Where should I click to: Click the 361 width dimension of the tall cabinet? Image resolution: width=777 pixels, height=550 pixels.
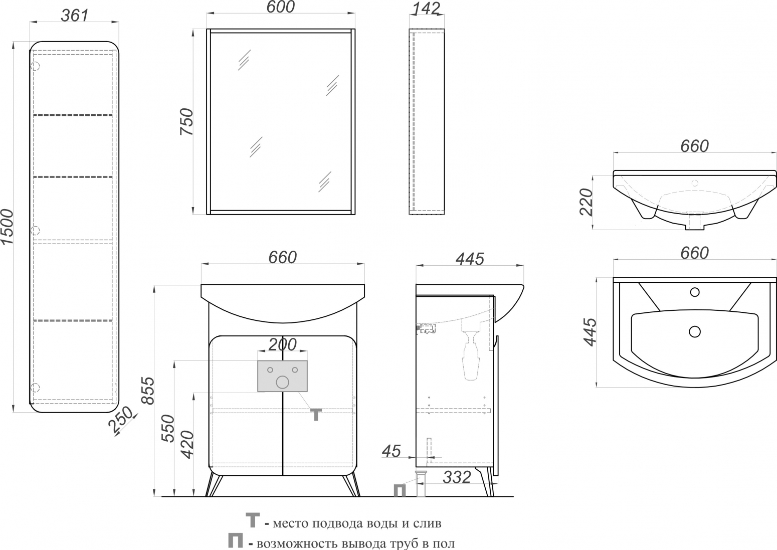click(75, 16)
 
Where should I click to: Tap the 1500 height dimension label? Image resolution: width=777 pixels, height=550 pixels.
click(7, 227)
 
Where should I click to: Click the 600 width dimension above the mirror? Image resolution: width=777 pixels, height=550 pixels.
click(281, 7)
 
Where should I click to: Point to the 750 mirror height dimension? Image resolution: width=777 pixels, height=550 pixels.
click(186, 121)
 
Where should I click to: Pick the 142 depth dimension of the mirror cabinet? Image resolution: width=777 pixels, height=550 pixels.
click(425, 9)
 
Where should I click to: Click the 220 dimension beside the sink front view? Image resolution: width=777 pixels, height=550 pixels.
click(587, 202)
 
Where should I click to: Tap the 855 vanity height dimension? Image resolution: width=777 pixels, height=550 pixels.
click(148, 391)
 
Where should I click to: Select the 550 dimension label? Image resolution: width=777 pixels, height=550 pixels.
click(168, 428)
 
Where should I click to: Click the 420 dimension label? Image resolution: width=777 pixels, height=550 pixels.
click(187, 445)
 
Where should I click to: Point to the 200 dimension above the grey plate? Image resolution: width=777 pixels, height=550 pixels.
click(282, 344)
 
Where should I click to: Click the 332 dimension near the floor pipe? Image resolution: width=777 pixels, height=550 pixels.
click(457, 477)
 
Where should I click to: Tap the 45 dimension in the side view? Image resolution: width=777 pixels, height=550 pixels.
click(392, 451)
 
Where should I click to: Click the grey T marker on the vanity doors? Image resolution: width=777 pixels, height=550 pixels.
click(316, 414)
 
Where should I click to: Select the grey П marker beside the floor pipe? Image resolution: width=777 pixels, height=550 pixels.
click(400, 490)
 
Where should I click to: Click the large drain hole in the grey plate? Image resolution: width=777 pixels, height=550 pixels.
click(282, 382)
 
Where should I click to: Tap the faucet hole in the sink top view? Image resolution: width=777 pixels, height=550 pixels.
click(695, 292)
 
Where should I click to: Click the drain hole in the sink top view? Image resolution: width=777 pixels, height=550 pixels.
click(695, 332)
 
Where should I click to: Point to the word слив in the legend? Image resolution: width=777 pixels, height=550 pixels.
click(427, 523)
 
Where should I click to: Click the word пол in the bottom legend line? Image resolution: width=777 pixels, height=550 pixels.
click(444, 543)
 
